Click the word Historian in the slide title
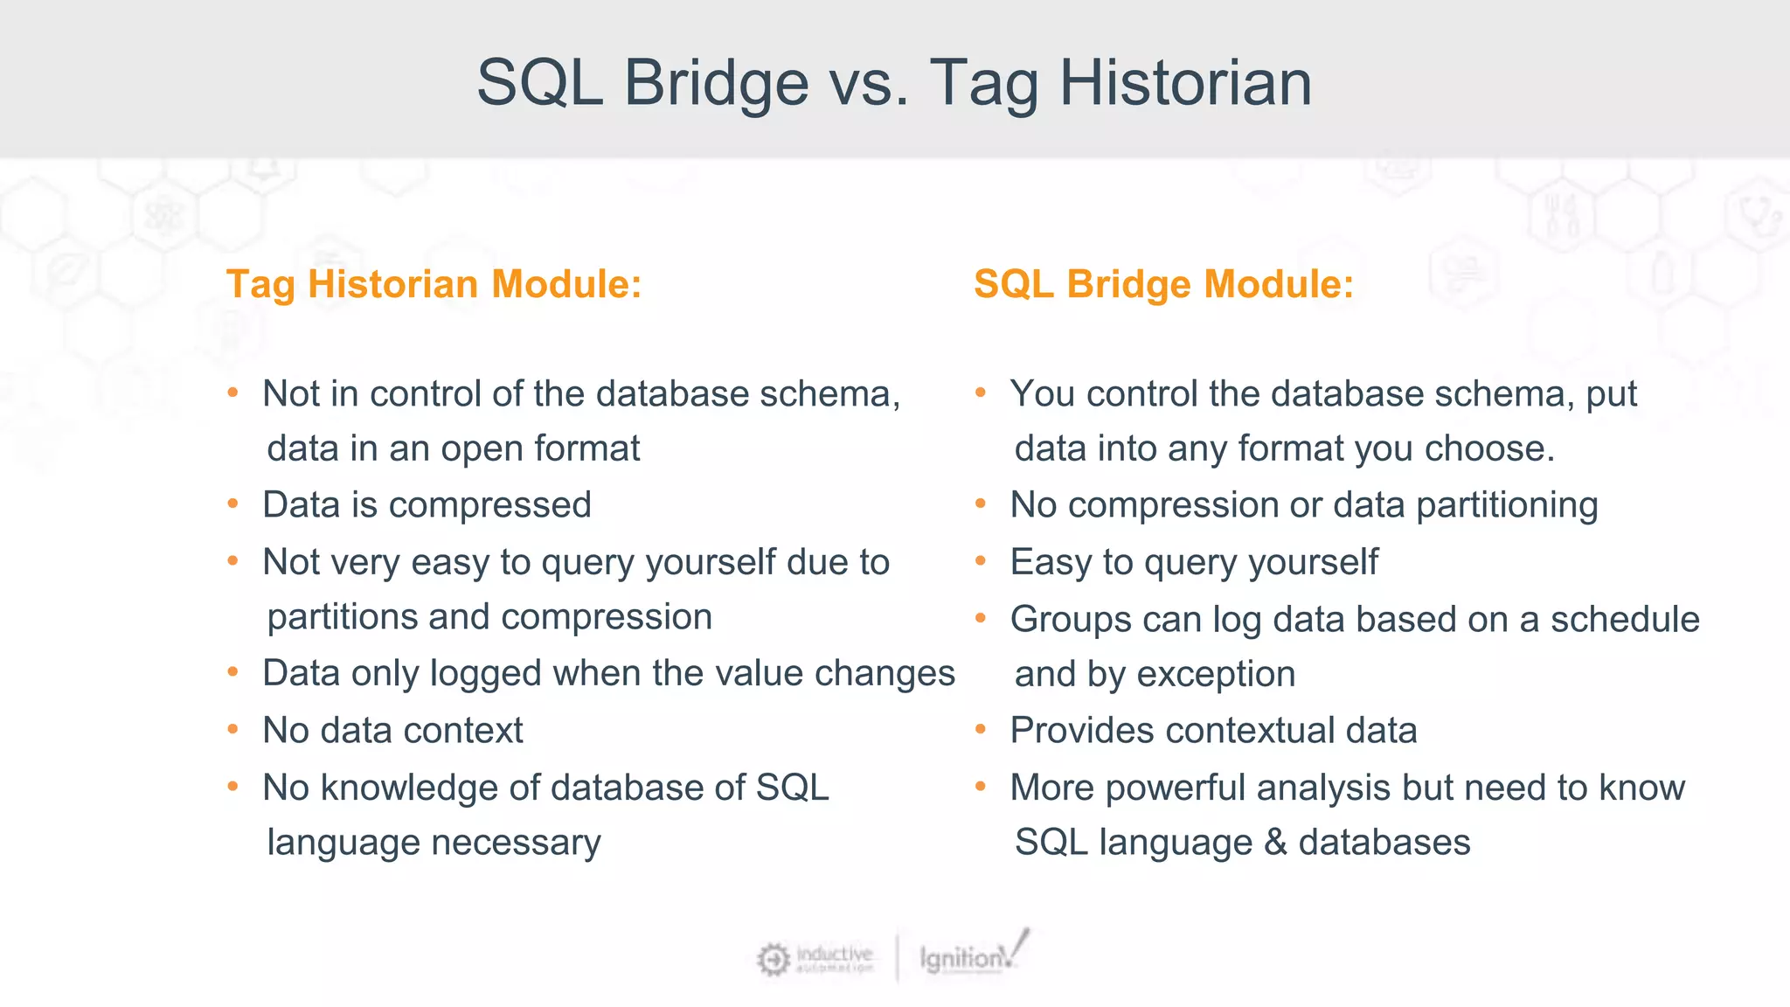[x=1185, y=83]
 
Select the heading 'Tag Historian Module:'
[x=434, y=285]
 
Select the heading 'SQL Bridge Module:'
[x=1163, y=285]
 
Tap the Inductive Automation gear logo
[x=773, y=959]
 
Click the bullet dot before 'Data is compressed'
[x=233, y=504]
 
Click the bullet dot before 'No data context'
[x=233, y=729]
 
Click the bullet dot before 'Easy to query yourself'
[x=981, y=561]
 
